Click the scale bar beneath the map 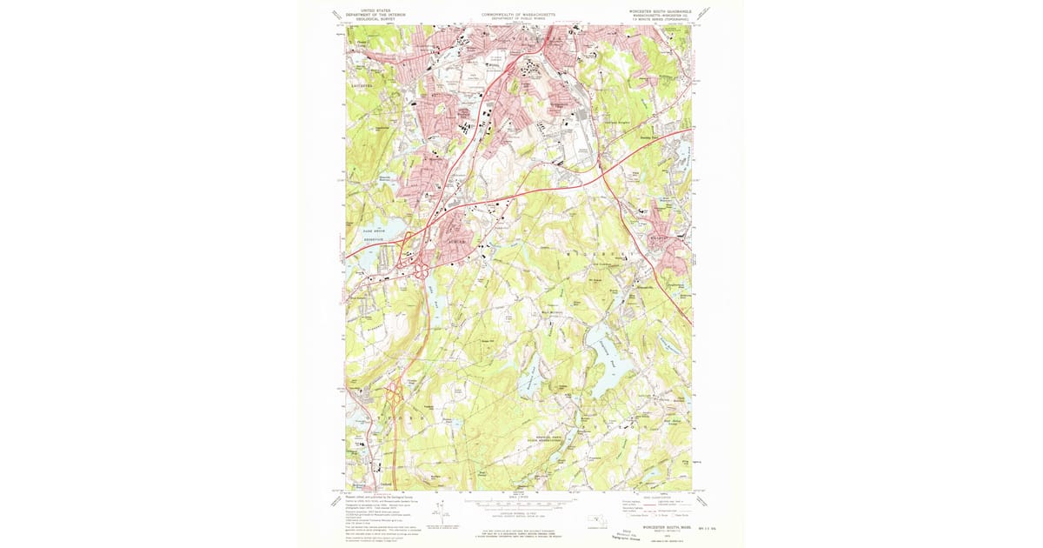coord(519,503)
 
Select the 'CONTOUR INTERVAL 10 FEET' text coord(519,517)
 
